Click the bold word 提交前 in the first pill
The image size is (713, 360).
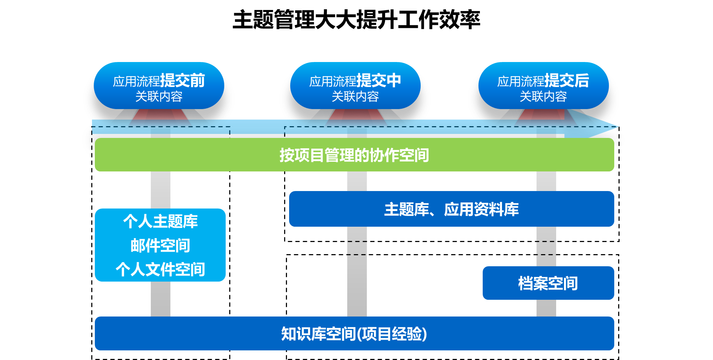tap(183, 81)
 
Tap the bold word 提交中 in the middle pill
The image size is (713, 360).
tap(379, 81)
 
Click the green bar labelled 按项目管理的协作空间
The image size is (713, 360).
tap(354, 155)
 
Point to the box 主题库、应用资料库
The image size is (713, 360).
tap(451, 209)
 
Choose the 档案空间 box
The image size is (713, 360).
tap(548, 283)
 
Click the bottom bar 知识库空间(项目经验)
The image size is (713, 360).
tap(354, 334)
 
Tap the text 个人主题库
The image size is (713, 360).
tap(160, 221)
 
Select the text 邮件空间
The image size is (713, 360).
tap(160, 246)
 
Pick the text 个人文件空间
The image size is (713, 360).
tap(160, 269)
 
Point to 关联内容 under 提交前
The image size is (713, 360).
tap(159, 97)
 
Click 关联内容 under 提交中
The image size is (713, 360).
tap(355, 97)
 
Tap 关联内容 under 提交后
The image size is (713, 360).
tap(543, 97)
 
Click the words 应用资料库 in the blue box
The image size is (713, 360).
tap(481, 209)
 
